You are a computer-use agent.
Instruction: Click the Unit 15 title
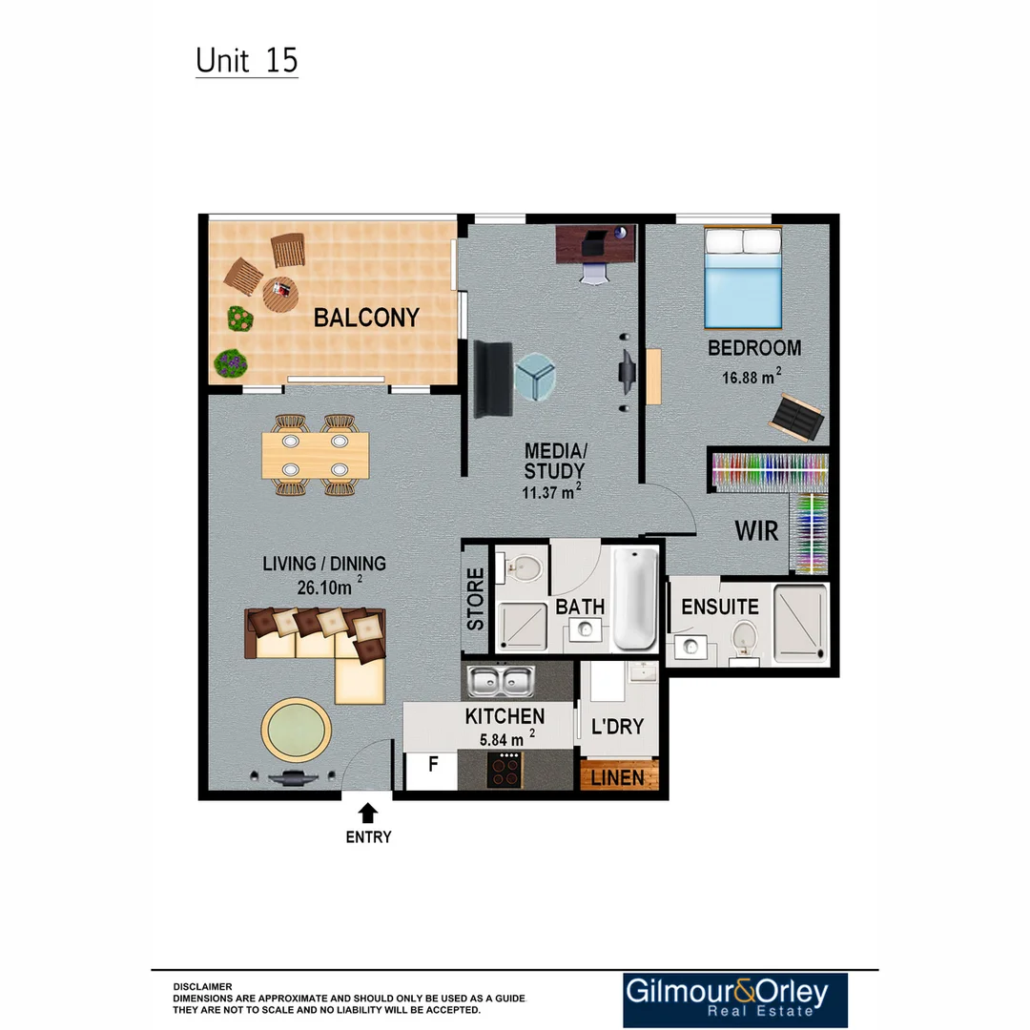click(247, 60)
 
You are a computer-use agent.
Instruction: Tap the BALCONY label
click(366, 318)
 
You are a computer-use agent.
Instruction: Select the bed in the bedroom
click(743, 276)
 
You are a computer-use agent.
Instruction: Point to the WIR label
click(756, 530)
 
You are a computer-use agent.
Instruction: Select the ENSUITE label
click(720, 607)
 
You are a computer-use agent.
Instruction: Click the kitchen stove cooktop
click(505, 770)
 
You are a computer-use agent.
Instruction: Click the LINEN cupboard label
click(618, 777)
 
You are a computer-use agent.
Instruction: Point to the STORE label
click(475, 598)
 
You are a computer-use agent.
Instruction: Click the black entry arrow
click(368, 812)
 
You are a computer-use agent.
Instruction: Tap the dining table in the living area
click(315, 454)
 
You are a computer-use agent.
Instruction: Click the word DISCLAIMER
click(202, 986)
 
